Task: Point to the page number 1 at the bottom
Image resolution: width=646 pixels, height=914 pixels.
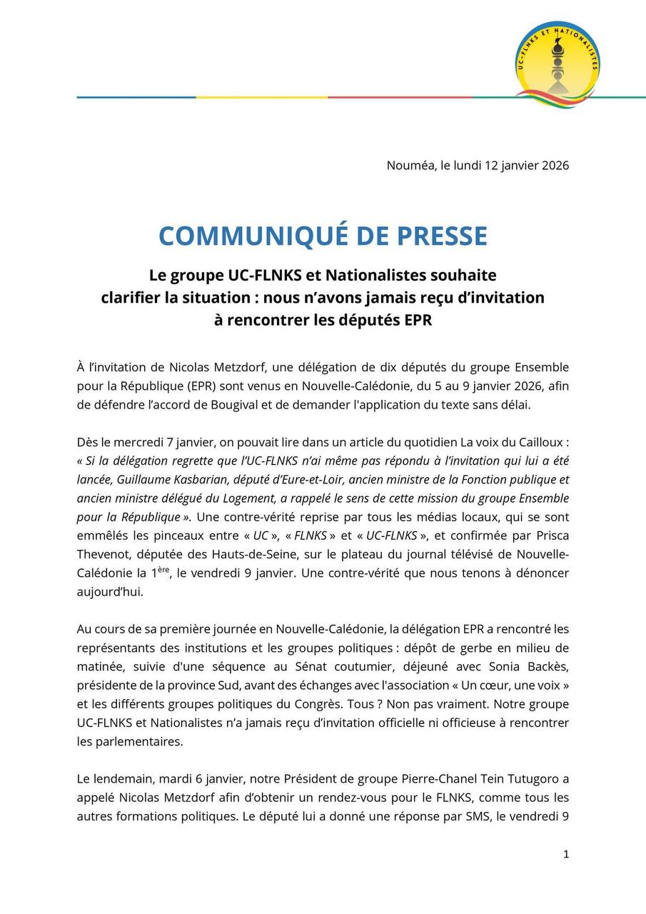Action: pyautogui.click(x=566, y=854)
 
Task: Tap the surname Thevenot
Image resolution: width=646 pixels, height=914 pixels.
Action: pyautogui.click(x=105, y=554)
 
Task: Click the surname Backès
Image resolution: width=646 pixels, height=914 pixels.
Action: pyautogui.click(x=547, y=667)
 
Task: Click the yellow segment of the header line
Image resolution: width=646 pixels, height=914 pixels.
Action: pyautogui.click(x=262, y=97)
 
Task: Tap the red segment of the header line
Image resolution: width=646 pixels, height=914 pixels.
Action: pyautogui.click(x=400, y=97)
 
